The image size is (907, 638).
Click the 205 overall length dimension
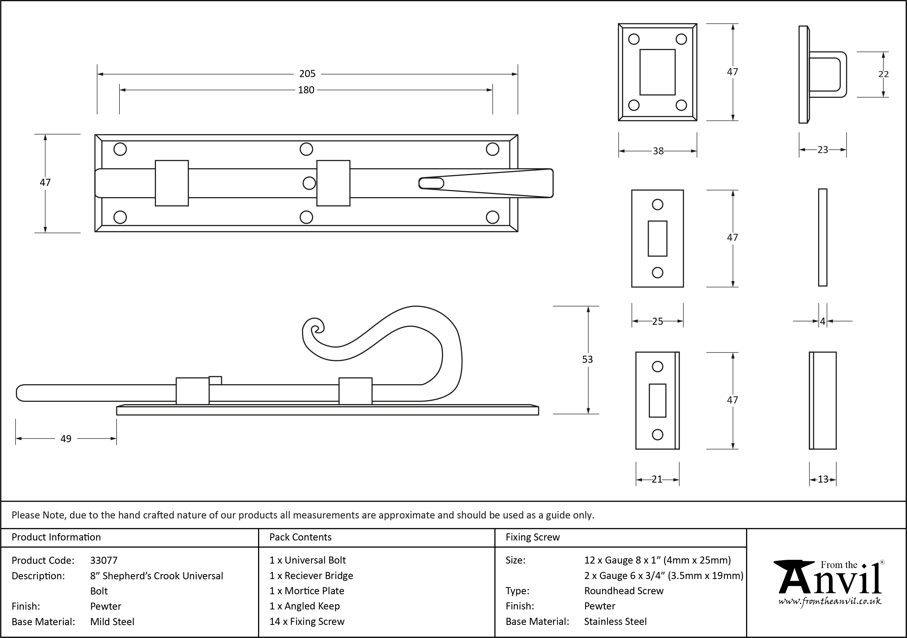click(x=307, y=74)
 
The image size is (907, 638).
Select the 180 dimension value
click(x=306, y=90)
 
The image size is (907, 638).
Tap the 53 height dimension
click(x=587, y=359)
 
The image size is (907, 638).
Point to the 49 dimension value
click(x=66, y=439)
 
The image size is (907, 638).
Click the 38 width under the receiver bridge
click(x=658, y=151)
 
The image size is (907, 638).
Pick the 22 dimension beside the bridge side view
click(x=883, y=74)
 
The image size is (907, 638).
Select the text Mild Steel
click(x=112, y=622)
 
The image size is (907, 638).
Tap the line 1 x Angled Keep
click(x=305, y=606)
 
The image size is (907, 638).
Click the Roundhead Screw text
click(x=624, y=591)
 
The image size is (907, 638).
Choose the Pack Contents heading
click(x=300, y=537)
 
